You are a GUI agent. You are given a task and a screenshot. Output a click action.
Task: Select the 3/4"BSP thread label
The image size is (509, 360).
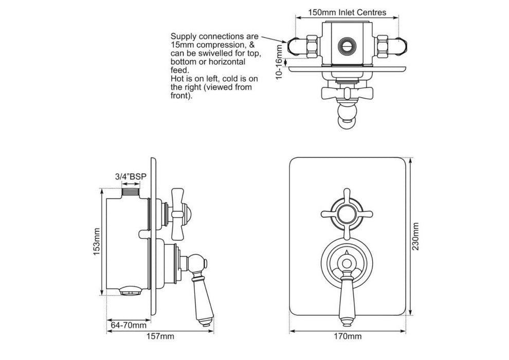(x=131, y=176)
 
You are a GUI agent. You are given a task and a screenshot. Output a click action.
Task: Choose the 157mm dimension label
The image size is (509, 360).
(x=160, y=336)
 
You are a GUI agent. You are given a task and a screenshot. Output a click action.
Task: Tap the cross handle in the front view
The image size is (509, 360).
(x=346, y=212)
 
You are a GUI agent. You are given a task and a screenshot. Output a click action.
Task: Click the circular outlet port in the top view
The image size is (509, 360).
(x=347, y=45)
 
